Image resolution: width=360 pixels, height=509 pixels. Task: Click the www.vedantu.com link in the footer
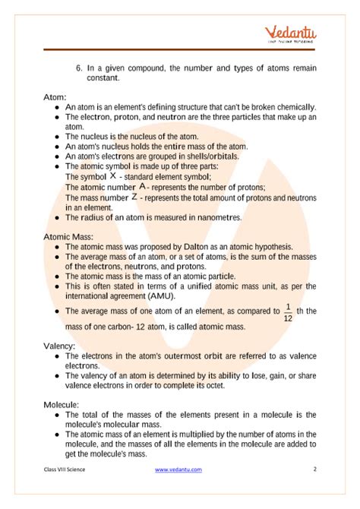pos(178,491)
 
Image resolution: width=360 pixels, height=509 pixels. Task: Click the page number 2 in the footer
pos(314,491)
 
